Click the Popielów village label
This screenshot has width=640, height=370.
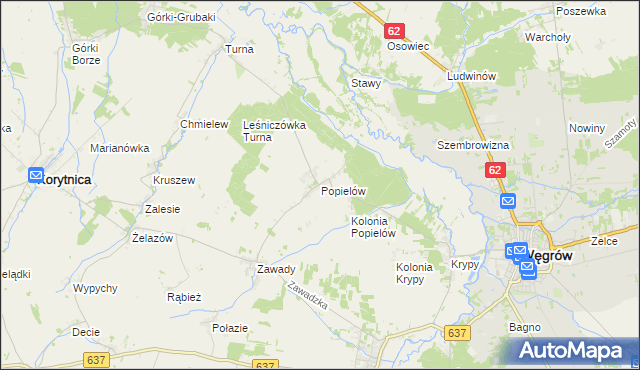point(345,190)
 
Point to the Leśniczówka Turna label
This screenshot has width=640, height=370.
point(274,131)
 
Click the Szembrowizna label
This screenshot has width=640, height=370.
point(473,145)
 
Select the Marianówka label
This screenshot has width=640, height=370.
point(119,148)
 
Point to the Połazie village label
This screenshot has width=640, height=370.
point(229,327)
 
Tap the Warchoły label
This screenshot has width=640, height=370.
point(547,37)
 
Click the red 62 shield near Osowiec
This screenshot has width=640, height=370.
point(393,31)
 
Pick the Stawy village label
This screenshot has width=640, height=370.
point(365,83)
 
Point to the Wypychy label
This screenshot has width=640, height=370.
point(96,288)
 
